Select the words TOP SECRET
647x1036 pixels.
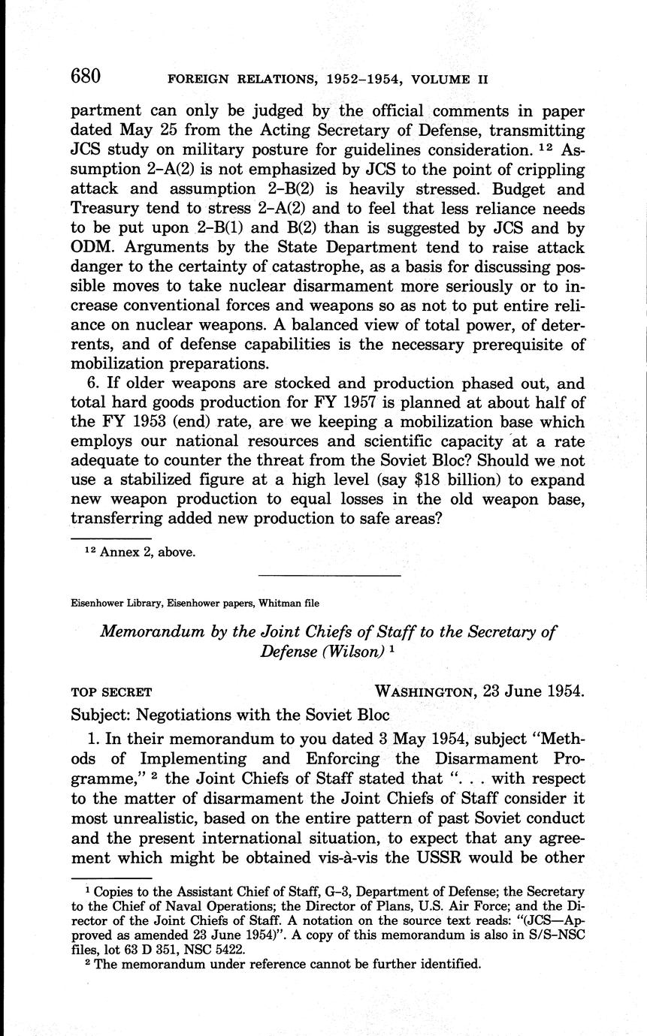[x=111, y=691]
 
